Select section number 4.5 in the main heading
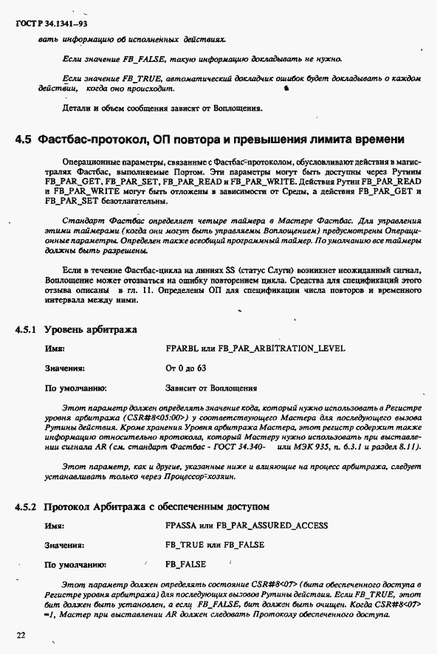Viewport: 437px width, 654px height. coord(24,139)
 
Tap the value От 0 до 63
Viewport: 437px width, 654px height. coord(185,367)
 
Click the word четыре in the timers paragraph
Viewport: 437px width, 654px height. coord(194,220)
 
